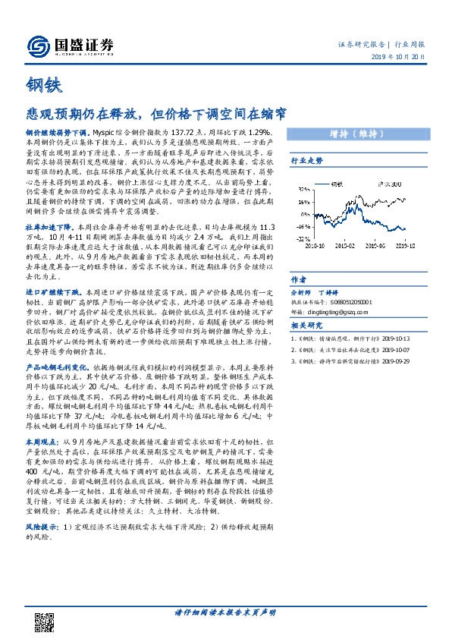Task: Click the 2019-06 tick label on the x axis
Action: pos(375,245)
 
